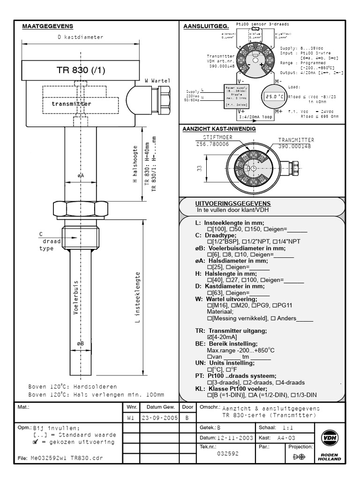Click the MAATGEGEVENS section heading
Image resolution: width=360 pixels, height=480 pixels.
(48, 27)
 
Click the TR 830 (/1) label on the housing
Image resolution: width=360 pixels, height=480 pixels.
(81, 70)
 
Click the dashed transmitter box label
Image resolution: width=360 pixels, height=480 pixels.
(72, 104)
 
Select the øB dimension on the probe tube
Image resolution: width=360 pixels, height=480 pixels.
(80, 344)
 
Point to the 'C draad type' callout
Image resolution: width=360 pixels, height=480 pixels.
(46, 241)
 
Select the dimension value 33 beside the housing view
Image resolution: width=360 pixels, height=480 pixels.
(199, 168)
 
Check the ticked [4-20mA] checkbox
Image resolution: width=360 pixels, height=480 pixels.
(210, 337)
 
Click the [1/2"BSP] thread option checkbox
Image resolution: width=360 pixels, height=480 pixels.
(210, 241)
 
